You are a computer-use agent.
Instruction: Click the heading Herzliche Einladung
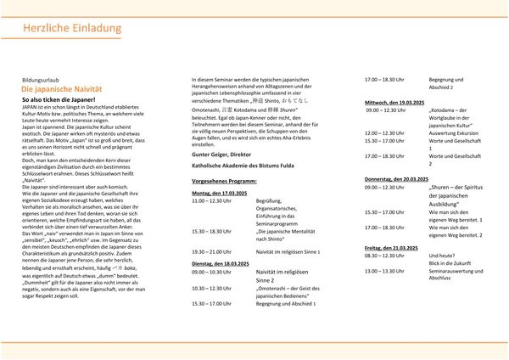[53, 30]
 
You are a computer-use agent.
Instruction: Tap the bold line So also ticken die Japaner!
[62, 99]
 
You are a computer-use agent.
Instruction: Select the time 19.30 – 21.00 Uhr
[211, 251]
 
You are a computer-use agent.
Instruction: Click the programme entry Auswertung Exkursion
[456, 133]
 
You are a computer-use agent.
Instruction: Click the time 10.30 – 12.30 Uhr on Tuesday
[211, 287]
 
